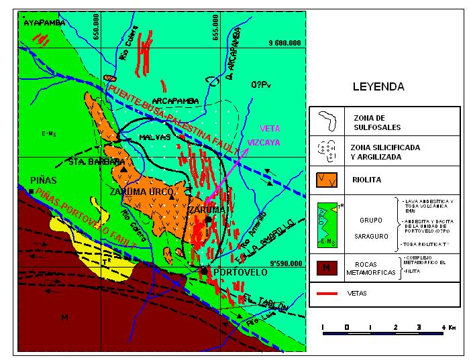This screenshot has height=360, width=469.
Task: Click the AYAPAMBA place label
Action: coord(45,23)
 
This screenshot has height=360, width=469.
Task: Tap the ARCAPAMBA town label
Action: coord(180,101)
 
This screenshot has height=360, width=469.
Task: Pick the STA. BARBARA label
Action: coord(97,162)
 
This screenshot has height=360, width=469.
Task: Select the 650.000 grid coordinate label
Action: coord(99,31)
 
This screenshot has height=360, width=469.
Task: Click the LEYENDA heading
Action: coord(379,87)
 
